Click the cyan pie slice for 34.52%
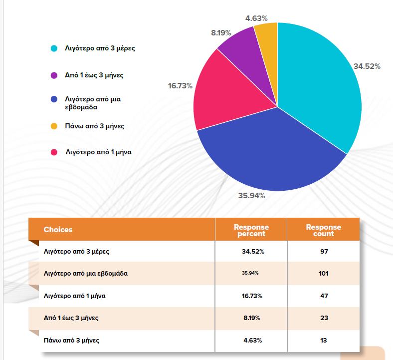319,85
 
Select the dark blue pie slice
269,155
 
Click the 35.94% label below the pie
252,196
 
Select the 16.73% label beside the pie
180,85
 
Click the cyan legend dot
54,49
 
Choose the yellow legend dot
54,126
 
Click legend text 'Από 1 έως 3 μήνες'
94,75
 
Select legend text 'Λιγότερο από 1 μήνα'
98,152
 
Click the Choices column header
58,230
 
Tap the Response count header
324,230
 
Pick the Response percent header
251,230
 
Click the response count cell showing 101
324,273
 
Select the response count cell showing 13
324,341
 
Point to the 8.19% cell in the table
251,318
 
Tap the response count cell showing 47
324,296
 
